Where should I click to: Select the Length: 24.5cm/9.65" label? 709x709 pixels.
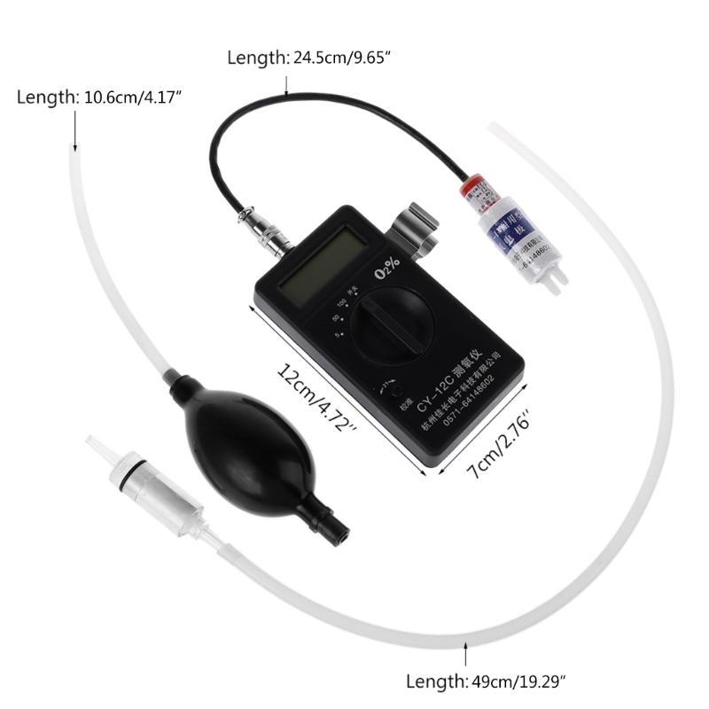[309, 58]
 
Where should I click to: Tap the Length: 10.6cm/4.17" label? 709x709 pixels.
[99, 97]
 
